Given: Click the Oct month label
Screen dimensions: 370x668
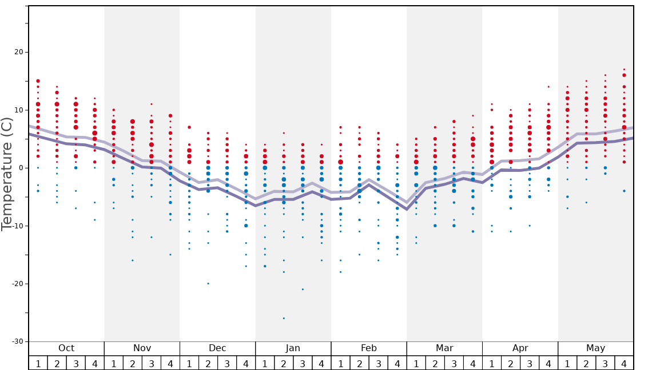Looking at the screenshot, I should click(x=66, y=348).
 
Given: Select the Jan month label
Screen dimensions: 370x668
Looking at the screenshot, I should click(x=293, y=348).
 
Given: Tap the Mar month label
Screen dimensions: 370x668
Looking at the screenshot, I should click(x=444, y=348).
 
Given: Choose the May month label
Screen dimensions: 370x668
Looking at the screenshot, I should click(x=595, y=348).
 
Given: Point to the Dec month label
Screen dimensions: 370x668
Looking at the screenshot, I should click(x=217, y=348).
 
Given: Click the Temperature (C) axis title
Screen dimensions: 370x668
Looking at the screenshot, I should click(x=7, y=174).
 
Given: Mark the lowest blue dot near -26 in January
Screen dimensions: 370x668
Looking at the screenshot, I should click(x=284, y=318).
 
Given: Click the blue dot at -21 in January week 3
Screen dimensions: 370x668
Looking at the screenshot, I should click(x=303, y=289).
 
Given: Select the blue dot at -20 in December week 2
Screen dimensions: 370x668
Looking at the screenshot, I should click(x=208, y=284).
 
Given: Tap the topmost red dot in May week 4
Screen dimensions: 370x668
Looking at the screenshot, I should click(x=624, y=69).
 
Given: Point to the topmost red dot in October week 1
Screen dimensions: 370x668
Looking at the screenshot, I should click(x=38, y=81).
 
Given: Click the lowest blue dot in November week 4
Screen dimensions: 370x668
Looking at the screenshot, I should click(x=170, y=255).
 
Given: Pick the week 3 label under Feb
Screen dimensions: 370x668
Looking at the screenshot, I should click(x=378, y=363).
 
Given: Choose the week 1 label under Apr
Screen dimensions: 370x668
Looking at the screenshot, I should click(x=492, y=363).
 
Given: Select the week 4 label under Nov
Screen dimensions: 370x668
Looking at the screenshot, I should click(x=170, y=363).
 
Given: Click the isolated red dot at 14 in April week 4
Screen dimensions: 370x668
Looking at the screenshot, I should click(x=548, y=87).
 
